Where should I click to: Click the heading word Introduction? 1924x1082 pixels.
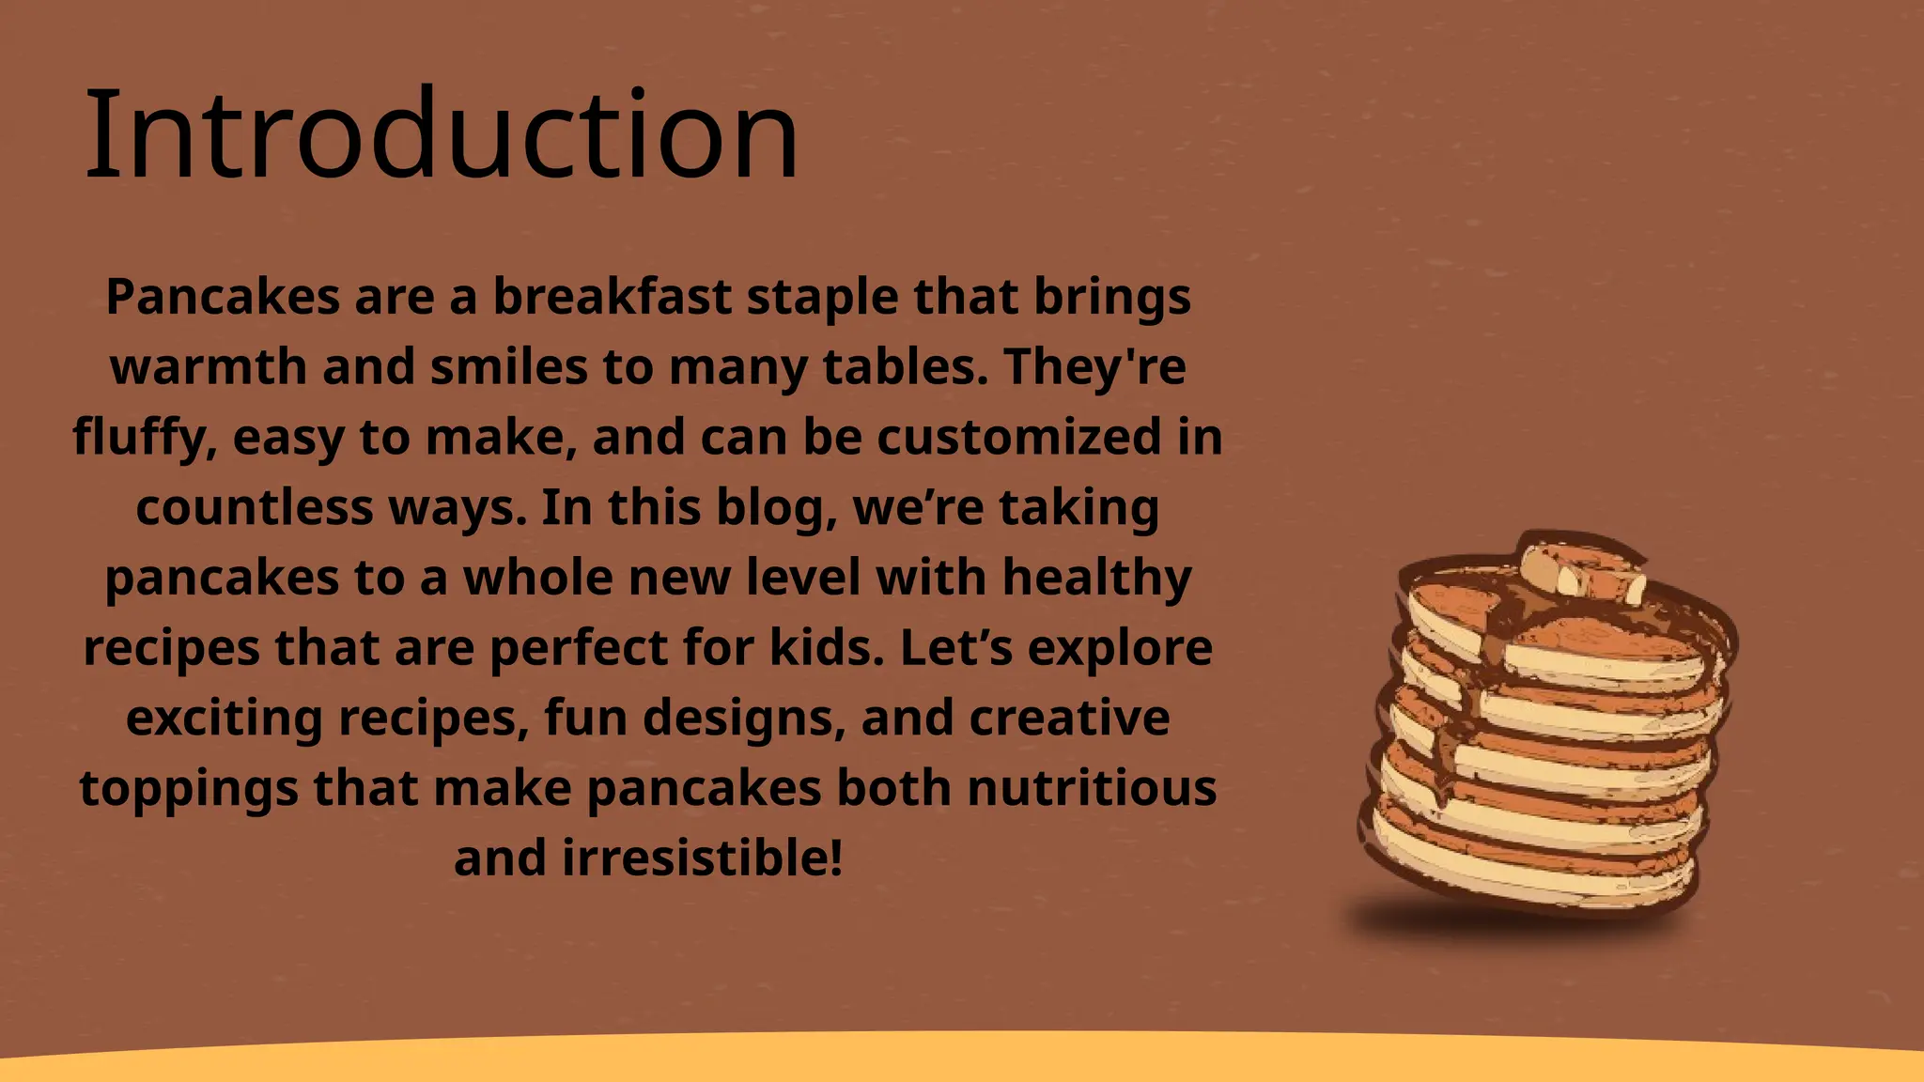[442, 136]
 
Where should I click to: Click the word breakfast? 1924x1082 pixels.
[613, 297]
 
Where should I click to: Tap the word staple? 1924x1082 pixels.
[821, 297]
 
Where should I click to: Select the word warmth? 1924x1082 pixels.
[209, 366]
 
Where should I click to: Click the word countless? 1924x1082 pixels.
[255, 507]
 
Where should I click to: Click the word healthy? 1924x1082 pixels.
[1096, 577]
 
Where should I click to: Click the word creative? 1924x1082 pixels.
[1069, 718]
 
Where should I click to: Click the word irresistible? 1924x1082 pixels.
[702, 858]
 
